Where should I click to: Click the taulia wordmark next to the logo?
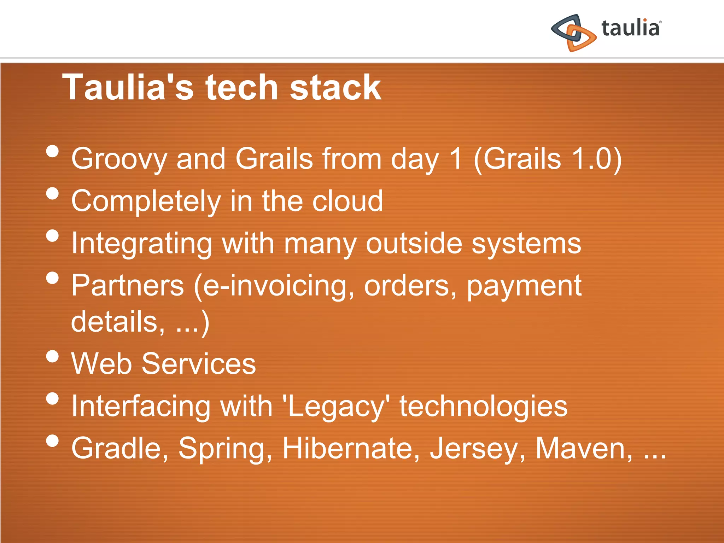pos(631,28)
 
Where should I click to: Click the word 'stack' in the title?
pos(335,87)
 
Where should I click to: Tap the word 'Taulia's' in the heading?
pos(128,87)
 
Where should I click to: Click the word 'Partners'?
pos(128,286)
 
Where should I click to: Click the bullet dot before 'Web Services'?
pos(52,356)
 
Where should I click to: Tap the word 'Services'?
pos(199,364)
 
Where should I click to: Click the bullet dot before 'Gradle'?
pos(52,441)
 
